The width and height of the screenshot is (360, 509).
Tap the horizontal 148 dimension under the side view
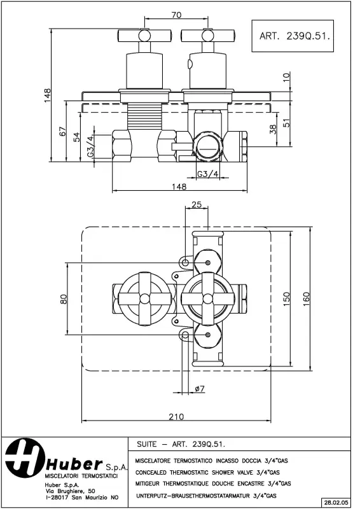point(179,186)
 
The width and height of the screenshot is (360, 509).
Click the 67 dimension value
point(62,131)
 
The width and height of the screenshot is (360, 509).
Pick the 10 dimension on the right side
point(286,77)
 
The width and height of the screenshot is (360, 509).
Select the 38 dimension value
point(273,129)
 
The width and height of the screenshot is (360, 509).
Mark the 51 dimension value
point(286,123)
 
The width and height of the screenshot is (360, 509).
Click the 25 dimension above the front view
point(196,204)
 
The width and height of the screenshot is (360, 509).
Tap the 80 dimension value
point(64,298)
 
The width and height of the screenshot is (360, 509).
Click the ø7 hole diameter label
point(197,389)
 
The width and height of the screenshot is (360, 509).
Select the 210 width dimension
point(176,417)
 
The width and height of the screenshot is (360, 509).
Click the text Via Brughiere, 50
point(70,491)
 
